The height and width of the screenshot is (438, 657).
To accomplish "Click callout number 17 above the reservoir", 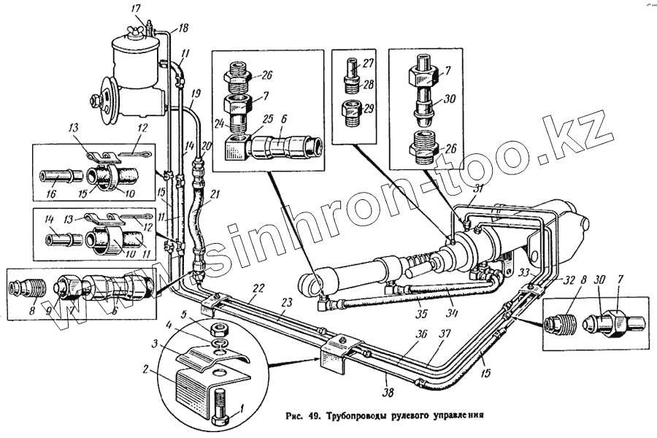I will coord(136,8).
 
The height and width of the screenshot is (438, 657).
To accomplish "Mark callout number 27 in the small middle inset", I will coord(368,64).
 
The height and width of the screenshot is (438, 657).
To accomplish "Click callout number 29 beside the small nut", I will coord(369,108).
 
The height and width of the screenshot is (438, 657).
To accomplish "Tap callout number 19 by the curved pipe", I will coord(195,94).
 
